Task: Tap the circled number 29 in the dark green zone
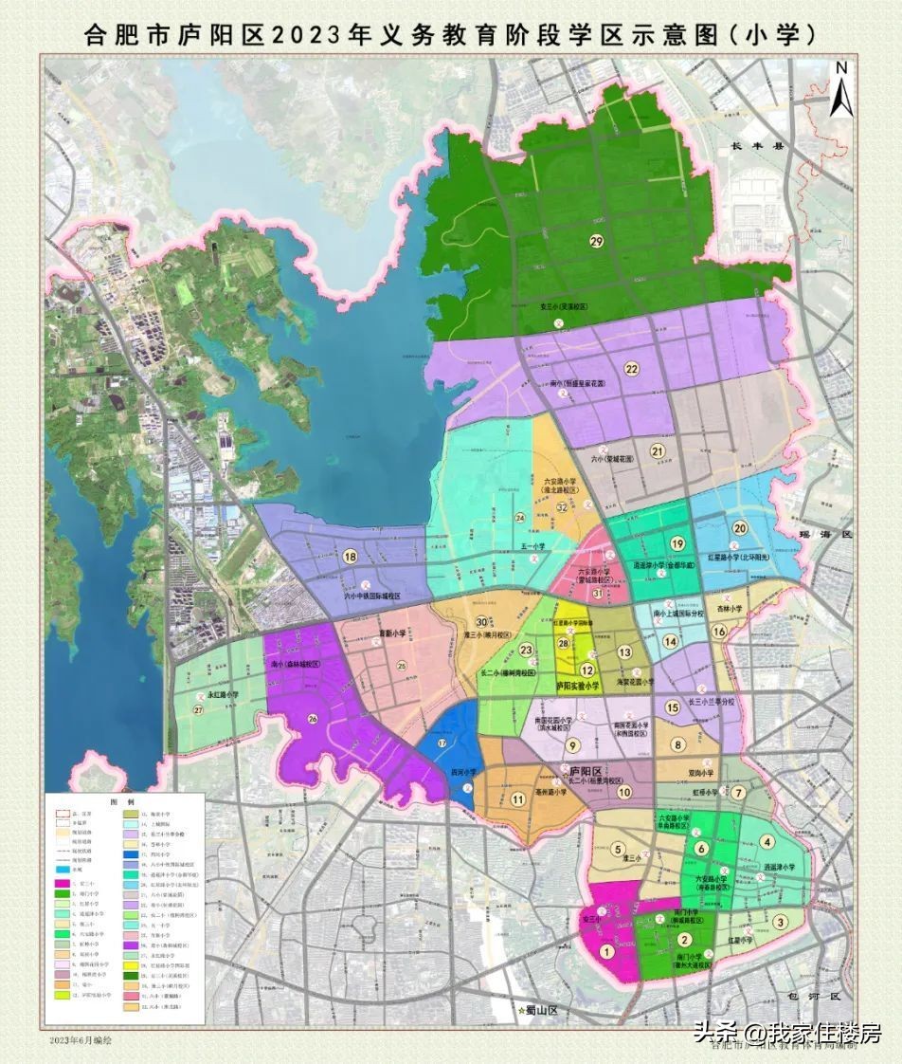click(595, 241)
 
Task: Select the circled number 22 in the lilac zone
click(630, 369)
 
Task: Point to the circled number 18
click(351, 557)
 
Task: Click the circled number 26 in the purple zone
click(314, 718)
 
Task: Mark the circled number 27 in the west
click(198, 710)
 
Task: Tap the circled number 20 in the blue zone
click(740, 528)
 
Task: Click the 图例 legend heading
click(121, 801)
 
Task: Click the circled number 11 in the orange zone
click(517, 798)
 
